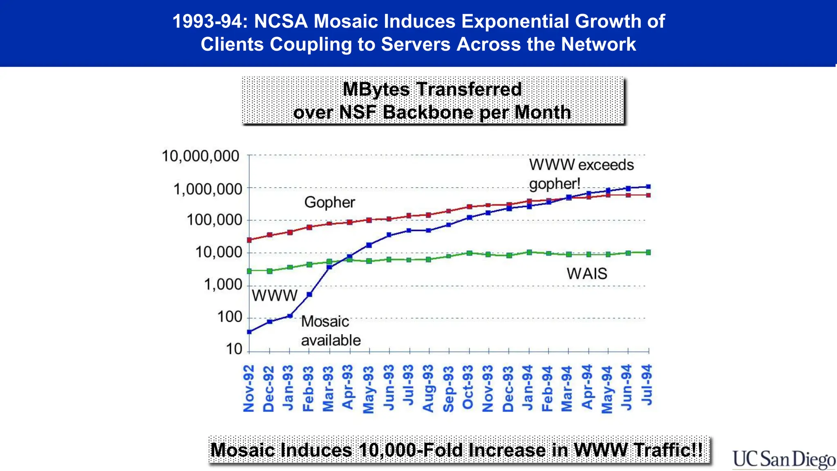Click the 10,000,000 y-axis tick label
[x=200, y=156]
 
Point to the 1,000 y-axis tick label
[x=223, y=285]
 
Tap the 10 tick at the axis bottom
[x=234, y=349]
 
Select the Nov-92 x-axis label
[x=249, y=388]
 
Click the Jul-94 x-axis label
[x=647, y=384]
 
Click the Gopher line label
[x=329, y=202]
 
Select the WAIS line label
[x=587, y=274]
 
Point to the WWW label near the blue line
[x=274, y=295]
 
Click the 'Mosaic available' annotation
[x=330, y=331]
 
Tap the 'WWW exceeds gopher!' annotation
[x=581, y=174]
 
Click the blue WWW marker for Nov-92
[x=249, y=332]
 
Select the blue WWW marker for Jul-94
[x=648, y=186]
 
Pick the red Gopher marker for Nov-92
[x=249, y=240]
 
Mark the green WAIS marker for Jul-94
[x=648, y=252]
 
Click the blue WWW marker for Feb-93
[x=309, y=294]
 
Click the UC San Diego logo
[x=783, y=459]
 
